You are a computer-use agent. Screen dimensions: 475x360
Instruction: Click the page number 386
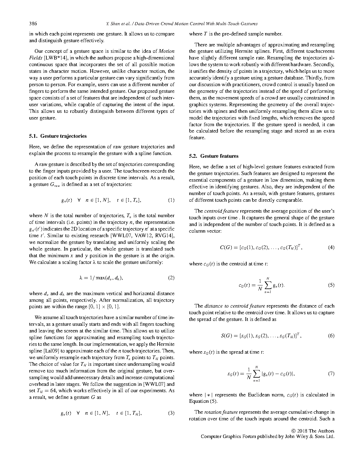click(33, 24)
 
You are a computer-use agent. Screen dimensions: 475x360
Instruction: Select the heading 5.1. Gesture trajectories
click(58, 136)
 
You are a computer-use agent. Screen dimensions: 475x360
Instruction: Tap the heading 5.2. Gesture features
click(214, 156)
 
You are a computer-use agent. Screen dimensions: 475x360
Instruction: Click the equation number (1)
click(171, 200)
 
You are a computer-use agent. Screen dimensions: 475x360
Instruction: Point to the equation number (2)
click(171, 278)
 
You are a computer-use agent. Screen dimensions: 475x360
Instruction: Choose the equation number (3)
click(171, 413)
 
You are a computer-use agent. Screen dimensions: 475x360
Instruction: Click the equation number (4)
click(331, 248)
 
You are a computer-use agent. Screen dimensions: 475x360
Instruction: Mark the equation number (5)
click(331, 285)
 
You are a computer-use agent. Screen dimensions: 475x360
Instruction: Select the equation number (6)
click(331, 336)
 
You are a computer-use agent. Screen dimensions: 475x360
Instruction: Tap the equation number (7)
click(331, 374)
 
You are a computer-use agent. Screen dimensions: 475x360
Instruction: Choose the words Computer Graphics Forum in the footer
click(226, 437)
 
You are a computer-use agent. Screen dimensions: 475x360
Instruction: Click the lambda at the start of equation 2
click(81, 278)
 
